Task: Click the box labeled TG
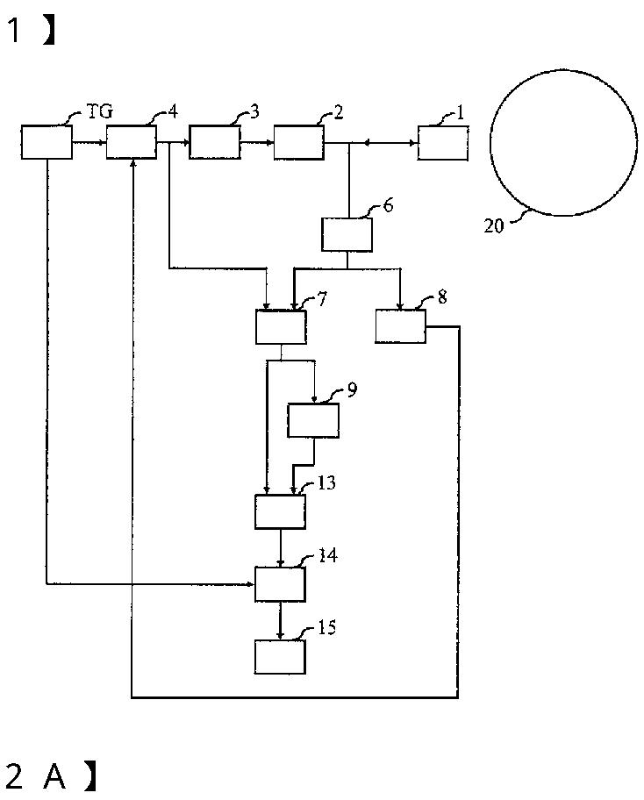point(47,142)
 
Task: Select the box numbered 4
point(132,142)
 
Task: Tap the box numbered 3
point(215,142)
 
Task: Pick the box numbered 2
point(298,142)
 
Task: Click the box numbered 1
point(443,142)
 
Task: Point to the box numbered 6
point(347,234)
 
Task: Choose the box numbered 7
point(281,326)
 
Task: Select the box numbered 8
point(401,326)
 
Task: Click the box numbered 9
point(313,420)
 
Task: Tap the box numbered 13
point(281,511)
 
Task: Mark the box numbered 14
point(281,583)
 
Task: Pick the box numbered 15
point(281,656)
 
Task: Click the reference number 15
point(326,628)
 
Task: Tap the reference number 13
point(326,483)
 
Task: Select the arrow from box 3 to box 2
point(257,142)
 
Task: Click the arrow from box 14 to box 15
point(280,621)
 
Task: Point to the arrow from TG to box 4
point(89,142)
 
